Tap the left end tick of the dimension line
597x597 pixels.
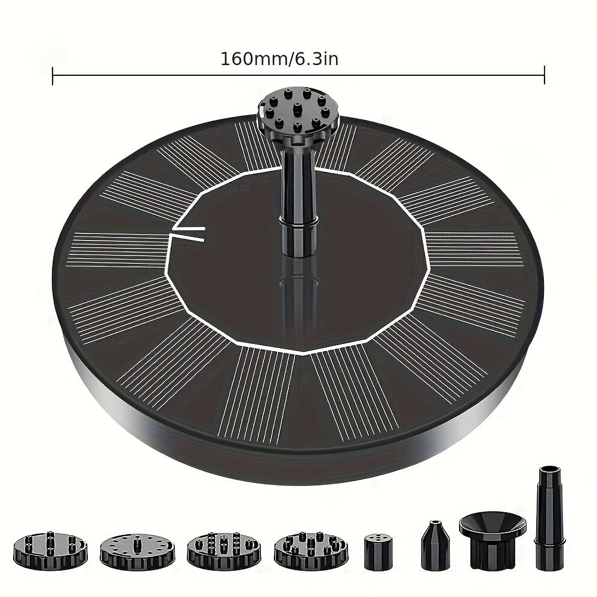click(x=53, y=75)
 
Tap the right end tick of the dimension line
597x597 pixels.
click(x=544, y=75)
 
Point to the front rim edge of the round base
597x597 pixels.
click(x=298, y=457)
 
